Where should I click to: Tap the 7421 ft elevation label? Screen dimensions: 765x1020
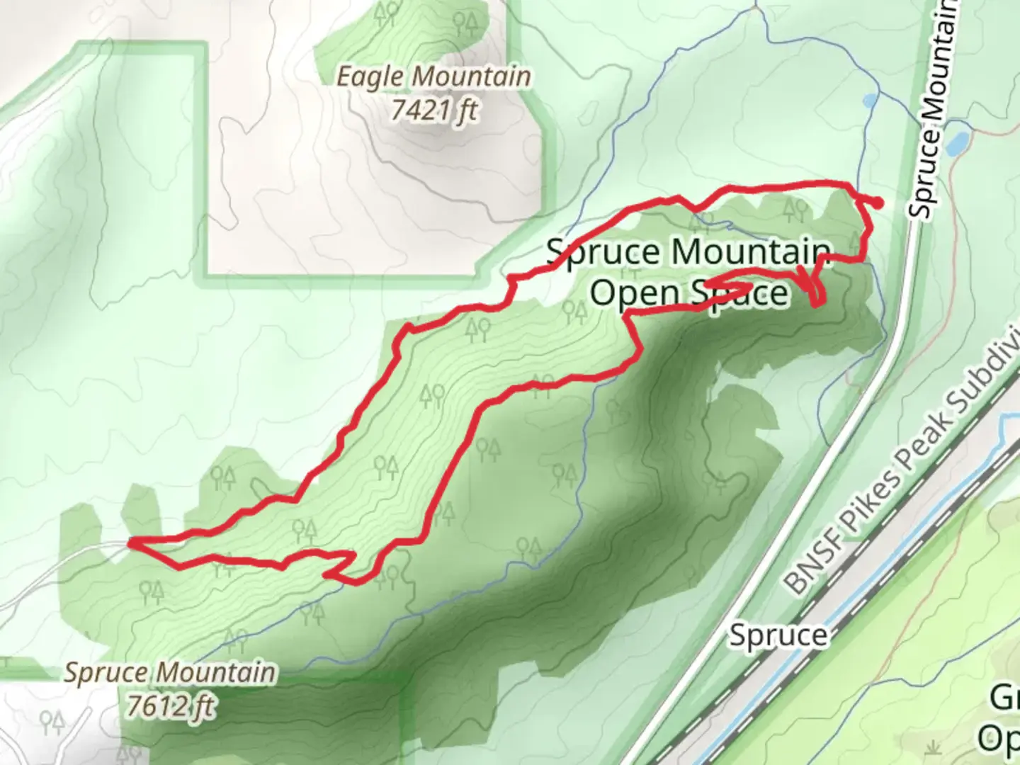point(433,110)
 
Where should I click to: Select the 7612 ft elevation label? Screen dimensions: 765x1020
point(171,705)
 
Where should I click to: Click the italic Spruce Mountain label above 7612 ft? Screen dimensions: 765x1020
point(169,671)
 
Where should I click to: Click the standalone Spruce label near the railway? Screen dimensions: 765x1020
point(778,635)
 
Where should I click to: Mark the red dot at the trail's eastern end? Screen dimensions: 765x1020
point(878,203)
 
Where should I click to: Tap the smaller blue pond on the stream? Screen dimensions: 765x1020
point(869,101)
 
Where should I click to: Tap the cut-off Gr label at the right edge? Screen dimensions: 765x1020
point(1004,700)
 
